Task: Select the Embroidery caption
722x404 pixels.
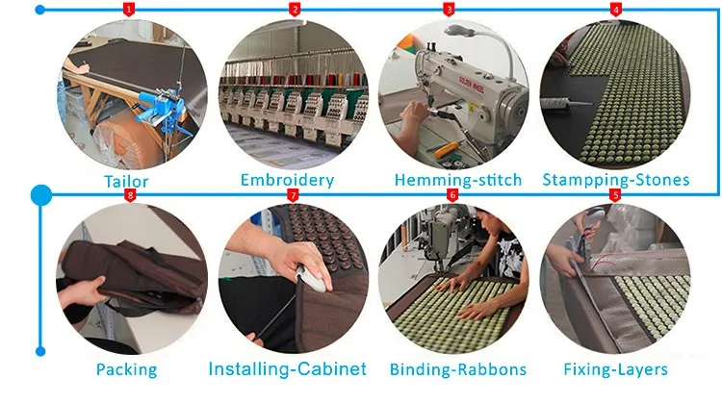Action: pyautogui.click(x=286, y=180)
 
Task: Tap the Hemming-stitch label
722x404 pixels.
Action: pyautogui.click(x=457, y=180)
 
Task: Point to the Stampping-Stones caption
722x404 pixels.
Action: pyautogui.click(x=616, y=180)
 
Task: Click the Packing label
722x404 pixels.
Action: pyautogui.click(x=126, y=368)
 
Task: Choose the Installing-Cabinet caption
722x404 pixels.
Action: pyautogui.click(x=287, y=368)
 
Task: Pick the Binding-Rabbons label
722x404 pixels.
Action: pyautogui.click(x=458, y=368)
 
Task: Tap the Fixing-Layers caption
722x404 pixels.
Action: pyautogui.click(x=616, y=368)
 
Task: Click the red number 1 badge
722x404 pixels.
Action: pyautogui.click(x=129, y=10)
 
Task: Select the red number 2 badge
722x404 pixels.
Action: pyautogui.click(x=295, y=10)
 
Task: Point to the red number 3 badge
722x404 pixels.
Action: pyautogui.click(x=450, y=10)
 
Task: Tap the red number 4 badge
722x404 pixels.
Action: pyautogui.click(x=615, y=10)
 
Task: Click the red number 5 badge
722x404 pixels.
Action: pyautogui.click(x=615, y=194)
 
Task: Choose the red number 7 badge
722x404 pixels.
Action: pyautogui.click(x=295, y=194)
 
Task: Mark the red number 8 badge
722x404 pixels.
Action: pyautogui.click(x=130, y=195)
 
